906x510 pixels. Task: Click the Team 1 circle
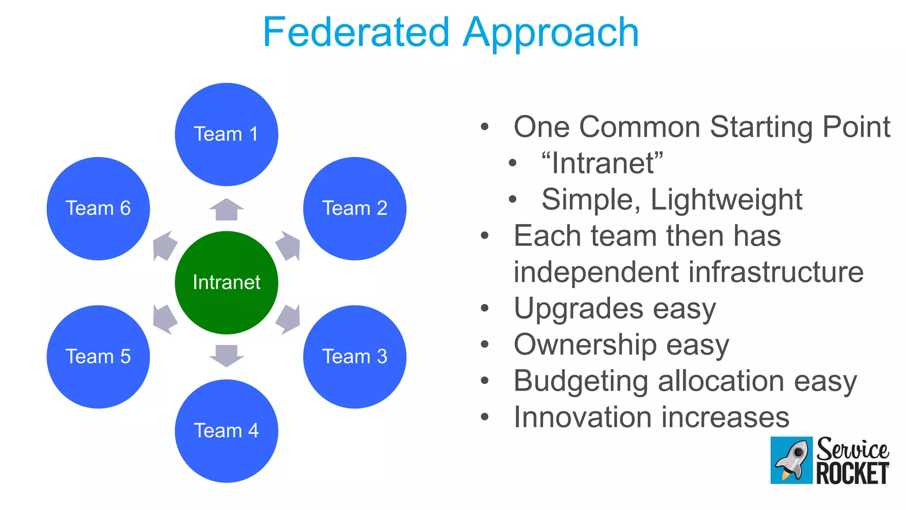pyautogui.click(x=226, y=134)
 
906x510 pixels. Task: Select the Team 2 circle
pyautogui.click(x=354, y=208)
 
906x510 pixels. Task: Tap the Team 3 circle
pyautogui.click(x=354, y=356)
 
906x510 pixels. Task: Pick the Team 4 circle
pyautogui.click(x=226, y=431)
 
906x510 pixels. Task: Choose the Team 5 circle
pyautogui.click(x=98, y=356)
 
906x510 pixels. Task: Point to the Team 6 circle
pyautogui.click(x=98, y=208)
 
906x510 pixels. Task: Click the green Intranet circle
pyautogui.click(x=226, y=282)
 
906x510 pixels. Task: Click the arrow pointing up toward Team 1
pyautogui.click(x=226, y=209)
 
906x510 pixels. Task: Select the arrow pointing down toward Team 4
pyautogui.click(x=226, y=355)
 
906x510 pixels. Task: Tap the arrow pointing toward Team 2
pyautogui.click(x=289, y=246)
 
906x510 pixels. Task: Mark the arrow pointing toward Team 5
pyautogui.click(x=164, y=319)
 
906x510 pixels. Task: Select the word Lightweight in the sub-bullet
pyautogui.click(x=726, y=200)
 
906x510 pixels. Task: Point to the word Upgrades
pyautogui.click(x=578, y=309)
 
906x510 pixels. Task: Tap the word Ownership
pyautogui.click(x=585, y=345)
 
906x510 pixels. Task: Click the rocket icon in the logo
pyautogui.click(x=791, y=460)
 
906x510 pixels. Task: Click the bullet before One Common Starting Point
pyautogui.click(x=485, y=127)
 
